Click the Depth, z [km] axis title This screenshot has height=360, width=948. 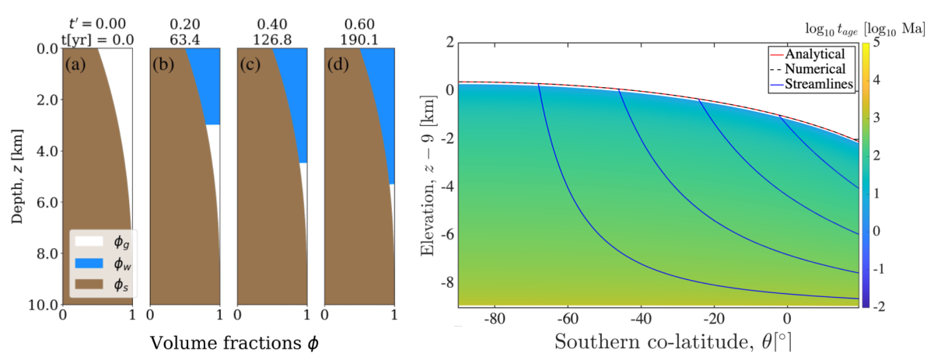[16, 175]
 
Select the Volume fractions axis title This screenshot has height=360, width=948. [229, 342]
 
